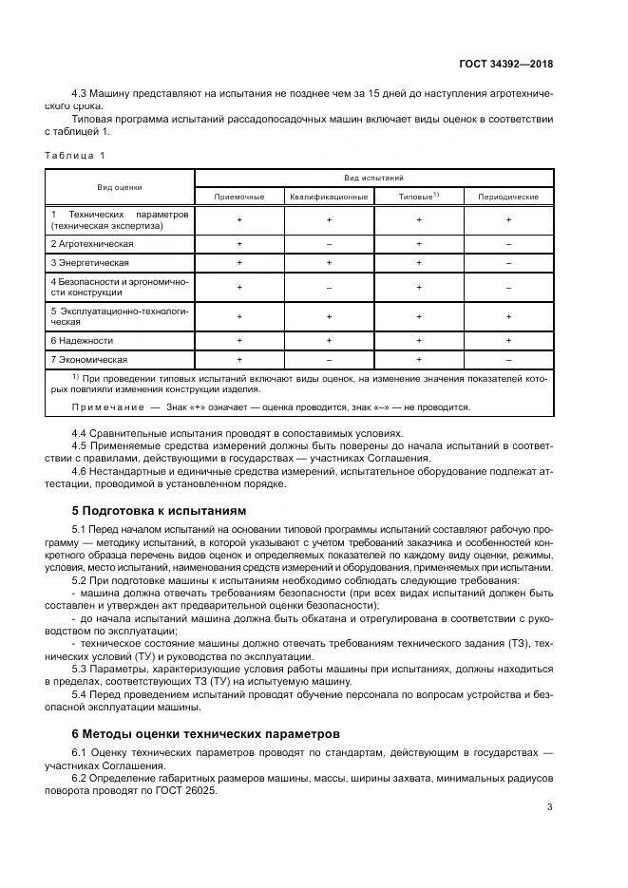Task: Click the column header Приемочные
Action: point(239,197)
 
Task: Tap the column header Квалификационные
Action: point(329,197)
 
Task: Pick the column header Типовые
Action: point(418,197)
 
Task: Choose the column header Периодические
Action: point(508,197)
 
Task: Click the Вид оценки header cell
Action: point(120,187)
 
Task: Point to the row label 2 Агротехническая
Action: point(91,243)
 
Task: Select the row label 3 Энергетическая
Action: point(90,262)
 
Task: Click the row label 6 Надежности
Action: point(83,340)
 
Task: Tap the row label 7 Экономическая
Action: point(89,360)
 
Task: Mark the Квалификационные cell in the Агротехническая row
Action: point(329,243)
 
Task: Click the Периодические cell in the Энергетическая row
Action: point(508,262)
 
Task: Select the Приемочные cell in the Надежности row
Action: point(239,340)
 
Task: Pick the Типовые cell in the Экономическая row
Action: point(418,360)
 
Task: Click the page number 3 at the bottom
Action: point(550,807)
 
